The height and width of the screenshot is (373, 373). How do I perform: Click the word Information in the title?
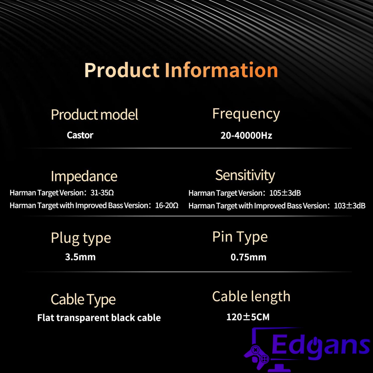(x=222, y=70)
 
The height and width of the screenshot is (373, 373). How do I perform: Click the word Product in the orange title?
(x=122, y=70)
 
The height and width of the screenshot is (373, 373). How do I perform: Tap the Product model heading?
(x=94, y=115)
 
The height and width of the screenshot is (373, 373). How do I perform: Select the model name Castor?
(x=80, y=135)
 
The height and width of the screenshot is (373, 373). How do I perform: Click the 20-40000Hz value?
(x=246, y=135)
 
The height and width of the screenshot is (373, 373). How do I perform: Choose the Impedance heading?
(x=84, y=176)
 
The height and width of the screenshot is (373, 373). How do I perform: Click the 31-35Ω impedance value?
(x=102, y=193)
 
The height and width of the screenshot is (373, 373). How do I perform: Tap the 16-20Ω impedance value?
(x=167, y=206)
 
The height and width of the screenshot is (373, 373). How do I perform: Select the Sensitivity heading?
(x=245, y=176)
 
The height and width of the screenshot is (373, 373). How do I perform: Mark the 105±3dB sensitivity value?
(x=285, y=193)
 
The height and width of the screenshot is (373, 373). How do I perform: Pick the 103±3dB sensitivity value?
(x=350, y=206)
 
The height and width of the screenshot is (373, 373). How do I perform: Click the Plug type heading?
(x=81, y=238)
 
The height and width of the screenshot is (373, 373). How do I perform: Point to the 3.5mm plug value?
(x=81, y=257)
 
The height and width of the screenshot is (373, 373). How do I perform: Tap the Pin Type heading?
(x=240, y=237)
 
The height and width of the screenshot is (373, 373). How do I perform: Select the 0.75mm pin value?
(x=248, y=257)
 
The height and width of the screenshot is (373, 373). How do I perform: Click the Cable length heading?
(x=251, y=297)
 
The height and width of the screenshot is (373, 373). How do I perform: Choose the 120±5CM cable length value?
(x=248, y=317)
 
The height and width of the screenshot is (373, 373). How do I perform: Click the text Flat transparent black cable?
(x=99, y=318)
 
